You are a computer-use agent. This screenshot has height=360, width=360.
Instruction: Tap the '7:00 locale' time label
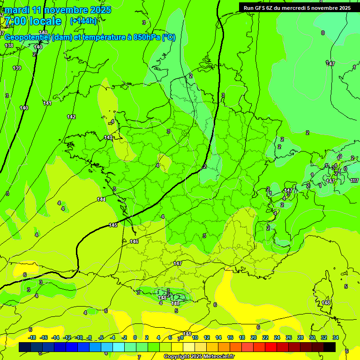[33, 21]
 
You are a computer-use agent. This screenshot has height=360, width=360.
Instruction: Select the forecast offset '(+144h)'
[83, 21]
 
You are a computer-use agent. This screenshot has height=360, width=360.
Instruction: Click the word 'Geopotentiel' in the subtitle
[28, 37]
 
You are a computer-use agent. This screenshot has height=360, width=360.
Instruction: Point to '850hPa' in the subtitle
[147, 37]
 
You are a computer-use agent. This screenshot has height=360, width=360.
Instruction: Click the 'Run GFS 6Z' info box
[297, 7]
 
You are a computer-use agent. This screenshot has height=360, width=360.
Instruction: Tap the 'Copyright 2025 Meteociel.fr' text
[199, 356]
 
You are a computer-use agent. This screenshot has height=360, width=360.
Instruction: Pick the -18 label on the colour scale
[32, 337]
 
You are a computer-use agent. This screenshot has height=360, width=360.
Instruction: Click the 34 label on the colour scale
[336, 337]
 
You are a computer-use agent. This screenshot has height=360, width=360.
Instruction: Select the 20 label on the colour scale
[254, 337]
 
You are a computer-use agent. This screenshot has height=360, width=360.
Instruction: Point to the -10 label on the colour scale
[79, 337]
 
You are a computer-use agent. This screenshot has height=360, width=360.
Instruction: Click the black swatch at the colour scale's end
[330, 347]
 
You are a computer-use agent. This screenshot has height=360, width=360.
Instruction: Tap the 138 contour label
[9, 45]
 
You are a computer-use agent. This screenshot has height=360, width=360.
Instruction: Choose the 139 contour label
[17, 68]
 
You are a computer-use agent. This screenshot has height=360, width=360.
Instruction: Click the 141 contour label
[47, 103]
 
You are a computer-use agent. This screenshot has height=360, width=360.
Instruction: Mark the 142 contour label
[71, 117]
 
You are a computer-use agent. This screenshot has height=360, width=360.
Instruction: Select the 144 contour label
[101, 199]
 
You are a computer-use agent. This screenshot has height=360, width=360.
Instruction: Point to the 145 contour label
[113, 225]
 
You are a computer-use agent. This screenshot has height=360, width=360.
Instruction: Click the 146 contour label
[134, 241]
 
